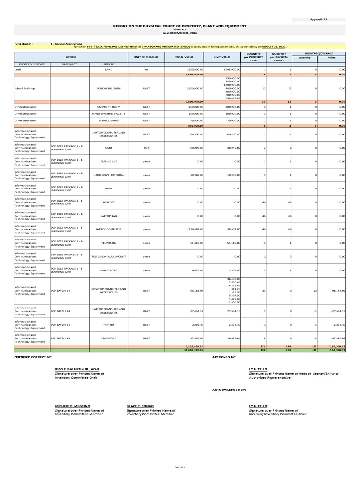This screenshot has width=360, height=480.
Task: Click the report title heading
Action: click(180, 26)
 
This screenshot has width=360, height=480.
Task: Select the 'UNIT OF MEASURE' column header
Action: click(146, 57)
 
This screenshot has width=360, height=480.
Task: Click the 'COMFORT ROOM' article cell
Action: click(108, 107)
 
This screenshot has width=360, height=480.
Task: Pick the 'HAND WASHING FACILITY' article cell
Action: click(108, 113)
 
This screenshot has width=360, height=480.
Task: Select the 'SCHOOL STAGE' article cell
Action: click(108, 120)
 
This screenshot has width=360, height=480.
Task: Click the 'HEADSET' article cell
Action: click(108, 202)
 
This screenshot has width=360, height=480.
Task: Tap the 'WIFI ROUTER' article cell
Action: click(108, 270)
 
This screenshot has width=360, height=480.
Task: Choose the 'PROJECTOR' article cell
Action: click(108, 337)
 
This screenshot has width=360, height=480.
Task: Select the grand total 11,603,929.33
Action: click(193, 350)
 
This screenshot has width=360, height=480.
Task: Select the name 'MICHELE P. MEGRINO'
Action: click(73, 406)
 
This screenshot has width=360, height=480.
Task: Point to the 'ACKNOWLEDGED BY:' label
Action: click(229, 390)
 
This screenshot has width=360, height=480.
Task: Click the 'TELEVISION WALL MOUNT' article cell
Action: click(108, 257)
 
